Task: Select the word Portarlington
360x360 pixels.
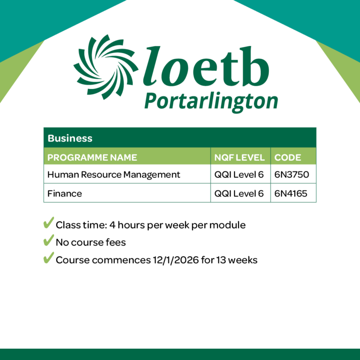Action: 210,101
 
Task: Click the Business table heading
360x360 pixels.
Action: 64,138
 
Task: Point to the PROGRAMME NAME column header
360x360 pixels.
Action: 92,157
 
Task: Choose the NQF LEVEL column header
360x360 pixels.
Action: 240,157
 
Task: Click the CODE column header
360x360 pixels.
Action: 288,157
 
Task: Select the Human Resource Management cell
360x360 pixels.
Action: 114,175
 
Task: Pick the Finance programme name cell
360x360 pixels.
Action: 65,193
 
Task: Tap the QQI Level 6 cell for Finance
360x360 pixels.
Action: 239,193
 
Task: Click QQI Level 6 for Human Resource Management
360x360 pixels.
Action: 239,175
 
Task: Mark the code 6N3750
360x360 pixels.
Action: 292,175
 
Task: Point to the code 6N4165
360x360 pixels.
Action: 291,193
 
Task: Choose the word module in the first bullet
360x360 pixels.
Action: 228,225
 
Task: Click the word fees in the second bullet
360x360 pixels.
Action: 116,242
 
